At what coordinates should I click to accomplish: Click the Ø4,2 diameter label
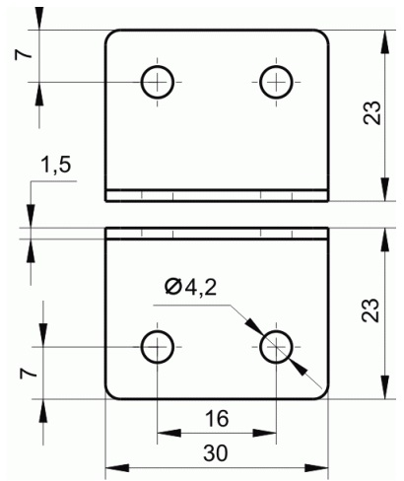[x=190, y=288]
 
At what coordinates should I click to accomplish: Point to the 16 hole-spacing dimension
[x=217, y=419]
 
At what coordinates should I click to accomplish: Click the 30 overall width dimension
[x=216, y=453]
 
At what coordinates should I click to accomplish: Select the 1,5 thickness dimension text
[x=55, y=165]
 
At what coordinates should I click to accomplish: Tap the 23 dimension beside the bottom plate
[x=370, y=309]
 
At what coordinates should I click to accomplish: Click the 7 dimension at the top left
[x=24, y=54]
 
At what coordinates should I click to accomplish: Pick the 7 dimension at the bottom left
[x=29, y=374]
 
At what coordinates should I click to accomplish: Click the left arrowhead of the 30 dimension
[x=117, y=468]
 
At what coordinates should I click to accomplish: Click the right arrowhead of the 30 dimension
[x=316, y=468]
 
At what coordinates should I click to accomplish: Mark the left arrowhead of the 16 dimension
[x=169, y=433]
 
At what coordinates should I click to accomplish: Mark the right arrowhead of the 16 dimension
[x=264, y=433]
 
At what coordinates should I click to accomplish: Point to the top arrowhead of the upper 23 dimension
[x=384, y=41]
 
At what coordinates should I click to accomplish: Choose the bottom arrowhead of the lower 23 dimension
[x=384, y=387]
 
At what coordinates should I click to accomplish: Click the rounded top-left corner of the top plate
[x=109, y=34]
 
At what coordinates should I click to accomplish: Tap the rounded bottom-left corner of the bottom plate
[x=109, y=394]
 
